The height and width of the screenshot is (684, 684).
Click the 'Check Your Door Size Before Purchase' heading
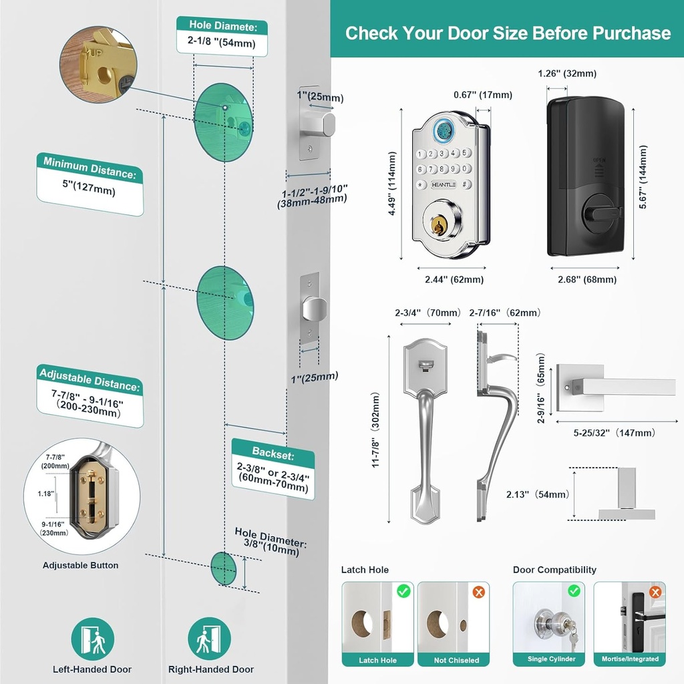(508, 33)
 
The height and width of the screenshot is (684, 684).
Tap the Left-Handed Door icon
(93, 638)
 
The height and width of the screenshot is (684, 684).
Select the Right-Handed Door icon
(209, 638)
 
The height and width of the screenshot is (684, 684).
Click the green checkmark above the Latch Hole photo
(403, 591)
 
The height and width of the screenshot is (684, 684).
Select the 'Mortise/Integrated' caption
(630, 659)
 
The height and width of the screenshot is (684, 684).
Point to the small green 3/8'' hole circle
(224, 568)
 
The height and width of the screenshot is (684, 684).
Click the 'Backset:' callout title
(273, 452)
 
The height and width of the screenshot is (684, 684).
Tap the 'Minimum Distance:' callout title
(90, 168)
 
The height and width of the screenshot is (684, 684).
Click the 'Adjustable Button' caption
(80, 565)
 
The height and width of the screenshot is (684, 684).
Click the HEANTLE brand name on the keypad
(444, 184)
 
